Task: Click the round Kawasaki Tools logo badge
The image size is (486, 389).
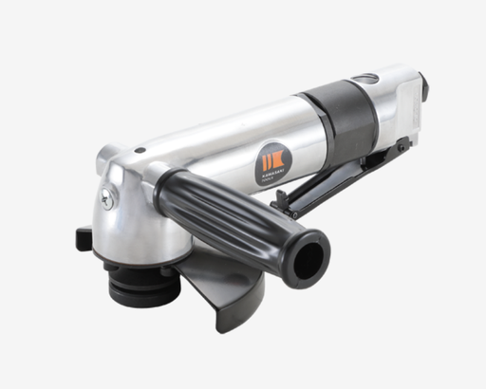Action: [x=269, y=163]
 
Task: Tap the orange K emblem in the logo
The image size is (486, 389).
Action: [x=269, y=157]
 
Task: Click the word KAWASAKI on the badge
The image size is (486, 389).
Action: [x=269, y=170]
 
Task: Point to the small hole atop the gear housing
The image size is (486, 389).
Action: [x=139, y=150]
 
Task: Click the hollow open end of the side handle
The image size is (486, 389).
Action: [x=310, y=255]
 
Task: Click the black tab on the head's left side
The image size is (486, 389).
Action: [x=84, y=237]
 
